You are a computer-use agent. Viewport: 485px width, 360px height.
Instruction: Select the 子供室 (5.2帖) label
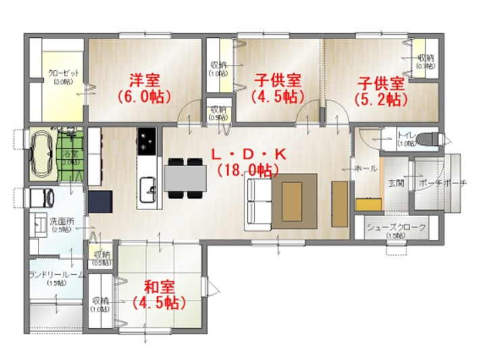pyautogui.click(x=381, y=91)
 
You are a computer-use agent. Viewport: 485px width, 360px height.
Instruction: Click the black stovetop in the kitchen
pyautogui.click(x=147, y=140)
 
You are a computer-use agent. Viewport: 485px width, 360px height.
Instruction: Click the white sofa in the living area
pyautogui.click(x=255, y=201)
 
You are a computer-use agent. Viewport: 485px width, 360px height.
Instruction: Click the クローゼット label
pyautogui.click(x=63, y=75)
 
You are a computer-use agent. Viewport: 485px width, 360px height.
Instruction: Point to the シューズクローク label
pyautogui.click(x=397, y=228)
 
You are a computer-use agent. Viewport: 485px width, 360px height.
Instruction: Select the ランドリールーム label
pyautogui.click(x=56, y=276)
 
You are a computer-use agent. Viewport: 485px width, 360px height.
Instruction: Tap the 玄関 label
pyautogui.click(x=396, y=183)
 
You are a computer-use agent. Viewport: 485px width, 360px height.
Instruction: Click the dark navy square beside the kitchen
pyautogui.click(x=99, y=202)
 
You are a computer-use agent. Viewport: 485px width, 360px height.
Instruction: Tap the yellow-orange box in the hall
pyautogui.click(x=367, y=203)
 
